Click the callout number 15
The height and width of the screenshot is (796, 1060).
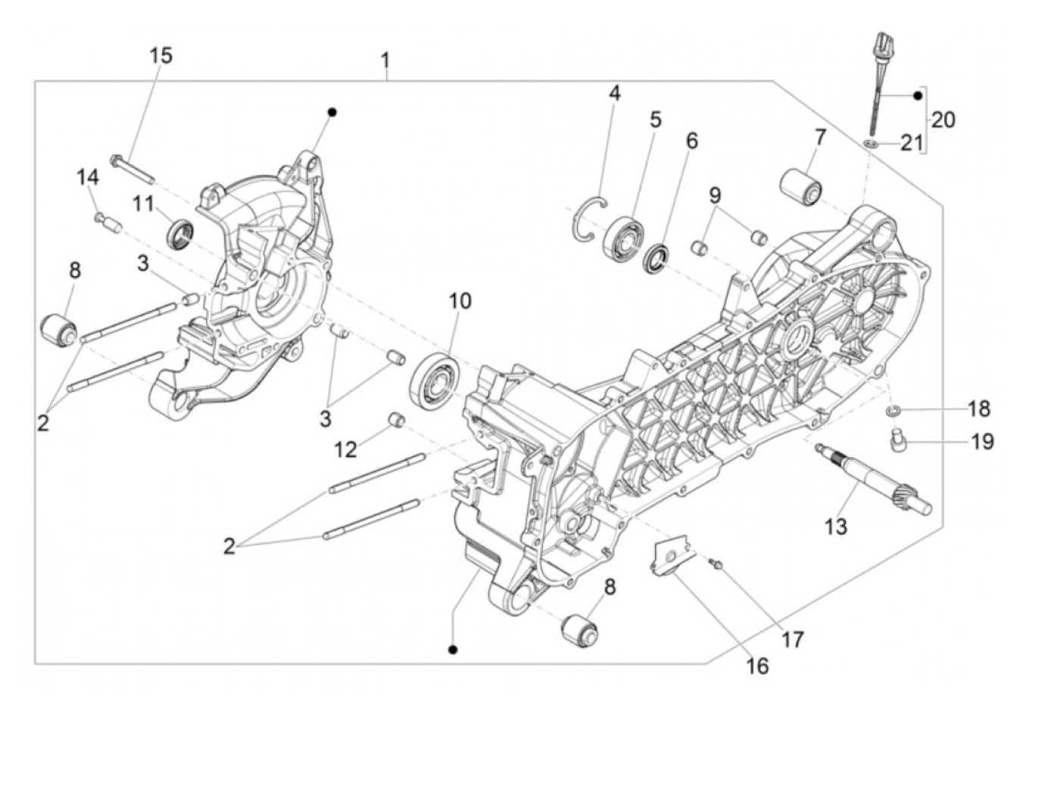pos(161,55)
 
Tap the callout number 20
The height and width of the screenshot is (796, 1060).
pos(943,120)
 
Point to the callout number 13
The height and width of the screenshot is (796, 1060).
pos(835,527)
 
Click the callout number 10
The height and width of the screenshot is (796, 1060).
pos(460,300)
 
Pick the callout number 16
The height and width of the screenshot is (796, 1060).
pos(757,666)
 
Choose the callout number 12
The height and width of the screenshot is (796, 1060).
pos(345,449)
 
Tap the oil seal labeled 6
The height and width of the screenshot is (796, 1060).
pos(658,258)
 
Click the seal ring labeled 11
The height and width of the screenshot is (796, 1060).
pos(180,232)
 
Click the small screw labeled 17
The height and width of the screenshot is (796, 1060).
pos(716,564)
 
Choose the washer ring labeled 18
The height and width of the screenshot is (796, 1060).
pos(893,410)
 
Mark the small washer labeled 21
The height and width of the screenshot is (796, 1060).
pos(871,142)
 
